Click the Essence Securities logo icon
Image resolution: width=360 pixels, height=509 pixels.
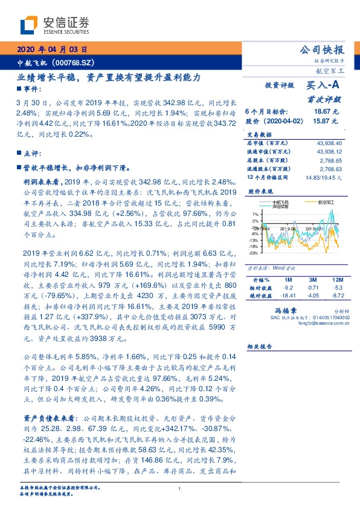point(29,26)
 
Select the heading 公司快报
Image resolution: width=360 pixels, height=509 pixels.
point(323,50)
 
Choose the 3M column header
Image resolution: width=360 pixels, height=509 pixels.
point(312,280)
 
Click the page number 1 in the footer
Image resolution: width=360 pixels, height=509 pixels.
point(180,490)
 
